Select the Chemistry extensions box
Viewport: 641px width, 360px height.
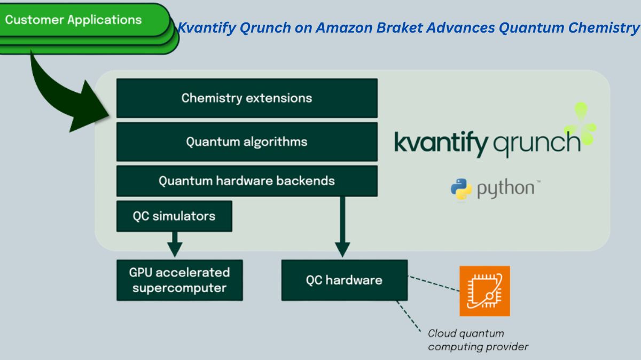(x=247, y=98)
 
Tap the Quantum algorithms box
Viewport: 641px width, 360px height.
(x=247, y=142)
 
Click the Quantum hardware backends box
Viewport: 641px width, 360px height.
(x=247, y=181)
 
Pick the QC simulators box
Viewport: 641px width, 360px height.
(x=174, y=216)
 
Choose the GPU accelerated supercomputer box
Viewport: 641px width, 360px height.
(x=179, y=280)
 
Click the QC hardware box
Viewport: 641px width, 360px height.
(x=344, y=280)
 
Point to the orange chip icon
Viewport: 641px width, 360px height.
(x=484, y=291)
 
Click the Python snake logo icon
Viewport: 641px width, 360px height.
(x=461, y=189)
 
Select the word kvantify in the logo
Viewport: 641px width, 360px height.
(x=441, y=143)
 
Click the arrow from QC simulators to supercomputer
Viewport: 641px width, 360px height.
(x=175, y=244)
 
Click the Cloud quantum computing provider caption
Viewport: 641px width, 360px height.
(x=477, y=340)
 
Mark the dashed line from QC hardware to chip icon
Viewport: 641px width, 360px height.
(x=433, y=283)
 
